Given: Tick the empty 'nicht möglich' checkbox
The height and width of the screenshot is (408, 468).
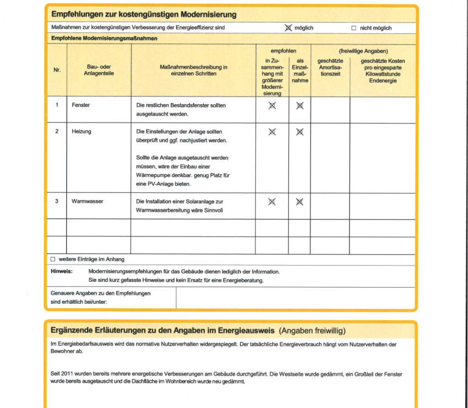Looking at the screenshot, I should (x=354, y=28).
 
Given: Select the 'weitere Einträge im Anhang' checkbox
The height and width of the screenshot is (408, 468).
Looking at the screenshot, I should (x=53, y=259).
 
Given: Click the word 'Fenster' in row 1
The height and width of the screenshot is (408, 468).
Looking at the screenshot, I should (x=80, y=105).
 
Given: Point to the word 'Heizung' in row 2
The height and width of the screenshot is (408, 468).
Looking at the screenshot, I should (x=81, y=131).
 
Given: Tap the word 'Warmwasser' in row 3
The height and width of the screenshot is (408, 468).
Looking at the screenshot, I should (x=87, y=201).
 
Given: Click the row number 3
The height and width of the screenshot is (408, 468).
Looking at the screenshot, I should (x=57, y=201).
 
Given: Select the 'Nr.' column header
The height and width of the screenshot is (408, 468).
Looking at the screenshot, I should (x=57, y=71).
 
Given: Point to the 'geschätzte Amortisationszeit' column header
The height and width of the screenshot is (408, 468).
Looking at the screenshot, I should (x=330, y=67).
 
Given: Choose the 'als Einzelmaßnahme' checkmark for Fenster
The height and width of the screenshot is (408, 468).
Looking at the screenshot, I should (x=300, y=105).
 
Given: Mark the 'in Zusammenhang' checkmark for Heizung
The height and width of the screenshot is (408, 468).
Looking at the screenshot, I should (x=272, y=132).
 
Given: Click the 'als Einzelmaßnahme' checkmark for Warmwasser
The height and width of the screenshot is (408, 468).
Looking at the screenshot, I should (x=300, y=202).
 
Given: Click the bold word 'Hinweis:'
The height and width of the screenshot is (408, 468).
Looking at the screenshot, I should (x=62, y=271).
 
